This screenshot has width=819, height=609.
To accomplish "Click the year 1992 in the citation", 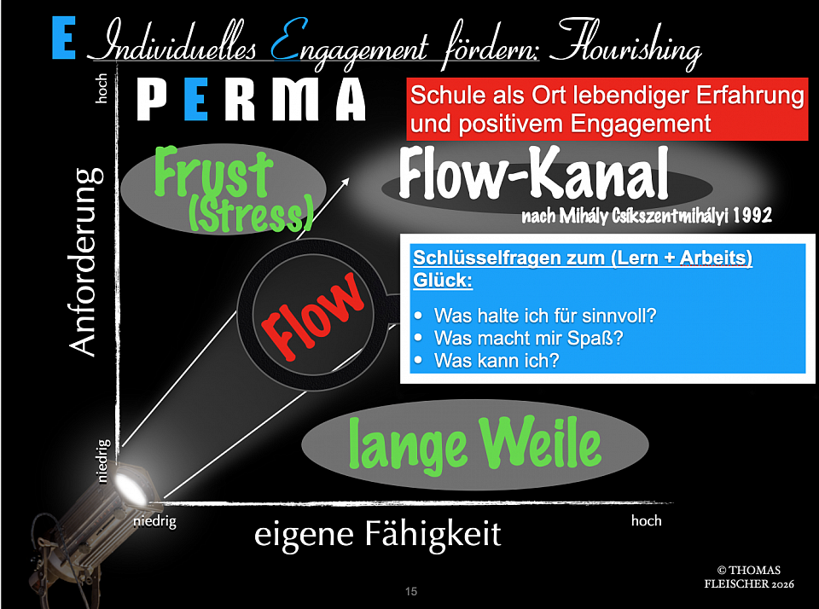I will [x=751, y=216].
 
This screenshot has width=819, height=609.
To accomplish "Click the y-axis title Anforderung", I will [x=85, y=260].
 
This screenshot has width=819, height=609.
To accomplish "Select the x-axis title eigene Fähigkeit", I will [x=378, y=535].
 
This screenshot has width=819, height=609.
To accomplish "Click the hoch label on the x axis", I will [x=646, y=520].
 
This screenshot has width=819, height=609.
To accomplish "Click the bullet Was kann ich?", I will [x=497, y=361].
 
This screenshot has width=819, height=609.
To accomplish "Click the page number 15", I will [x=411, y=591].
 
